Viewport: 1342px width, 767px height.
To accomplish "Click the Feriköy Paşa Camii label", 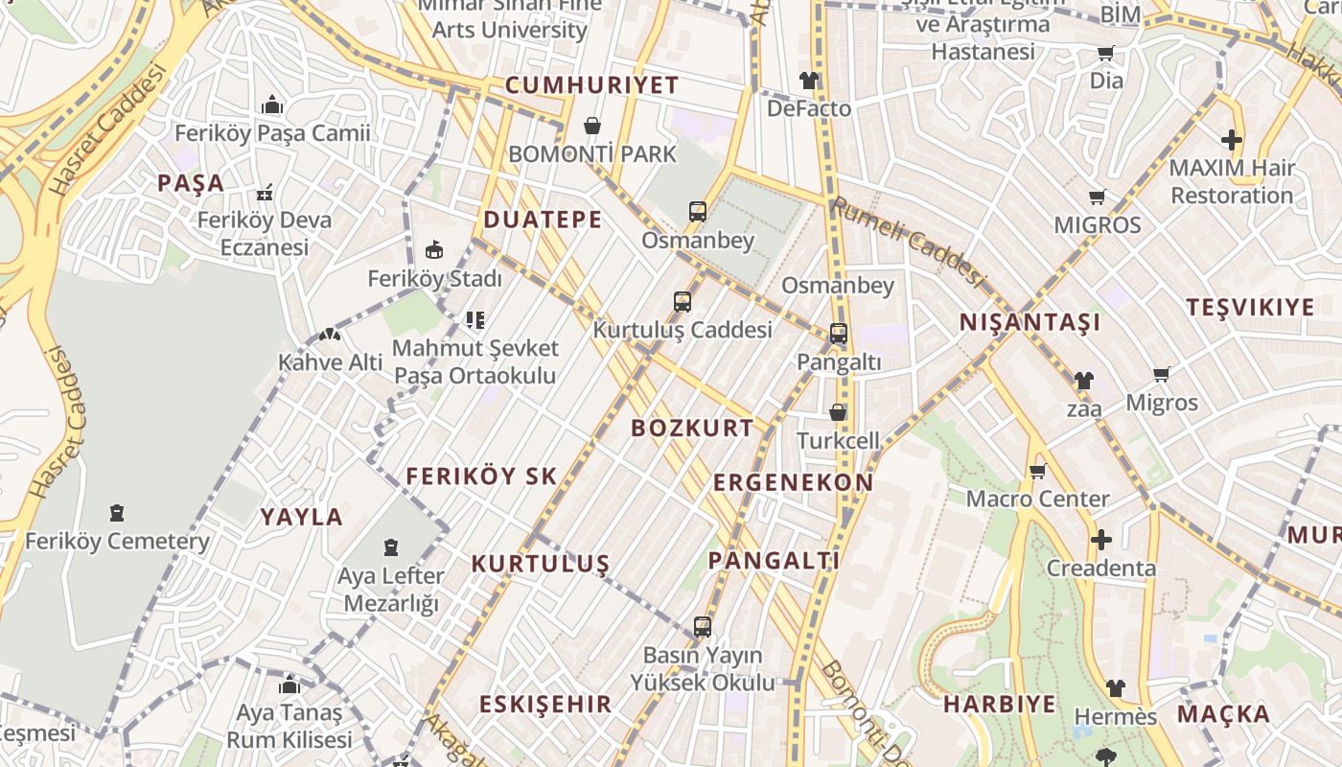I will tap(272, 132).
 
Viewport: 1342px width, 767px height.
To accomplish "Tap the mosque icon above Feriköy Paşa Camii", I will tap(272, 105).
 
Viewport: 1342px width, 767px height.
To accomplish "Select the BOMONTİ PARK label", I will tap(592, 153).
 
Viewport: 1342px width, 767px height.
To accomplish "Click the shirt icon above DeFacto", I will tap(809, 81).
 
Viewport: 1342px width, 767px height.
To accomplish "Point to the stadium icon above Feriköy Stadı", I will tap(434, 250).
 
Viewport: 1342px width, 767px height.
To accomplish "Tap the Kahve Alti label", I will tap(330, 362).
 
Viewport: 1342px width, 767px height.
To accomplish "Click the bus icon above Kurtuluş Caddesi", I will tap(683, 302).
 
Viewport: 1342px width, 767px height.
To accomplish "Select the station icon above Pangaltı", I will tap(839, 334).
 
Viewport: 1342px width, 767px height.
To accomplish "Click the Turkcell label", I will tap(838, 440).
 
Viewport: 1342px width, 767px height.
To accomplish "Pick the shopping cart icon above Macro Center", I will tap(1037, 471).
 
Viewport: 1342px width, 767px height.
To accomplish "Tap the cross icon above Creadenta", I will tap(1100, 540).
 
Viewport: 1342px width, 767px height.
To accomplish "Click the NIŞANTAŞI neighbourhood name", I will tap(1030, 322).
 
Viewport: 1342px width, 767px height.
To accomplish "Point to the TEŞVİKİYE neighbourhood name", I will tap(1250, 308).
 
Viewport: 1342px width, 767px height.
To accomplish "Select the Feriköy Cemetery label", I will tap(117, 541).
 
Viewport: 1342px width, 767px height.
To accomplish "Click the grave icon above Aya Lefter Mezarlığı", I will tap(391, 547).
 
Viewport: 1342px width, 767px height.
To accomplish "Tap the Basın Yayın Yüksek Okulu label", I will tap(703, 669).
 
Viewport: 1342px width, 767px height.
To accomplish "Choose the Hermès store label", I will tap(1116, 716).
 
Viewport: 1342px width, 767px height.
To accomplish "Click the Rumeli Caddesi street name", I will tap(908, 241).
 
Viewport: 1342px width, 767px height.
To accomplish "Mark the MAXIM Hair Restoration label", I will tap(1232, 181).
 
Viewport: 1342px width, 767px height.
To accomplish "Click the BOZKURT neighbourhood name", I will tap(692, 429).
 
